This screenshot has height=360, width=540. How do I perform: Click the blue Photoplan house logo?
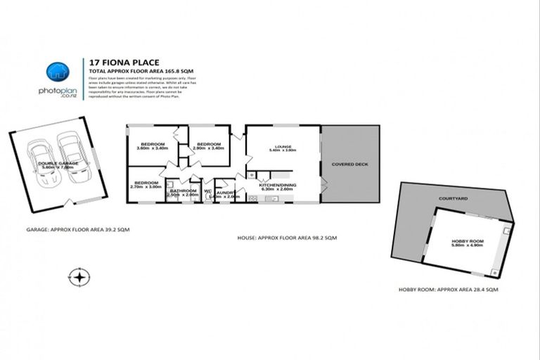click(x=58, y=72)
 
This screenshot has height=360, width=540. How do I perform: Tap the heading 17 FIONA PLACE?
click(x=115, y=61)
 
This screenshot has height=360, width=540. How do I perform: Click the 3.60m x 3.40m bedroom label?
click(x=153, y=146)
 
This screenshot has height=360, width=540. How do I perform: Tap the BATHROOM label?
click(x=183, y=192)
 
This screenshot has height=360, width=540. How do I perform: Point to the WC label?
click(x=208, y=191)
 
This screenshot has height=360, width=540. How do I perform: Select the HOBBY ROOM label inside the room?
click(x=464, y=243)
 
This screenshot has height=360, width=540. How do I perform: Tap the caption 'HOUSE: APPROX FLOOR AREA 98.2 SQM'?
click(x=286, y=239)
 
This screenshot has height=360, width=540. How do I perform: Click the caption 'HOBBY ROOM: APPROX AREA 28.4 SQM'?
click(x=448, y=290)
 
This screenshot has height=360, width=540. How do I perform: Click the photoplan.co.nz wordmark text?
click(x=57, y=92)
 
